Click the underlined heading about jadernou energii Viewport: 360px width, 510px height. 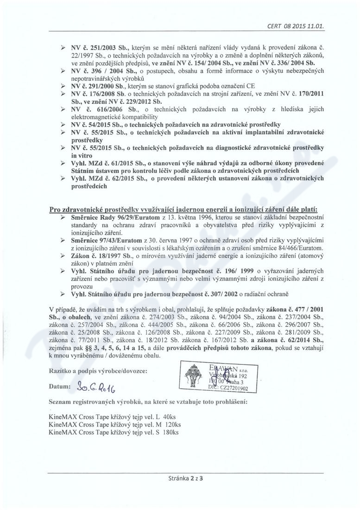(x=187, y=210)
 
